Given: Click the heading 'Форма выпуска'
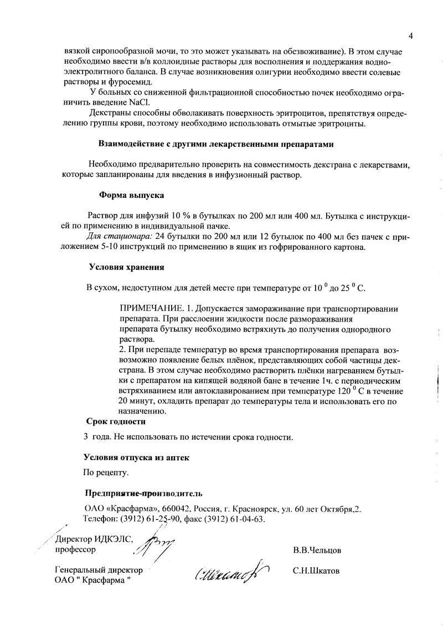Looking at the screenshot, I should (x=131, y=195).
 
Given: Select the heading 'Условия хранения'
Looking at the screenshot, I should (x=127, y=267).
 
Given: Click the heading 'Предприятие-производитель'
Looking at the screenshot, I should (x=144, y=493).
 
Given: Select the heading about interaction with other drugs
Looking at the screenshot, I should (x=216, y=144).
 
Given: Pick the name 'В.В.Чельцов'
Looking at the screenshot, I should (x=317, y=551).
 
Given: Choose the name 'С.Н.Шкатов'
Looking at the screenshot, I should (x=317, y=570).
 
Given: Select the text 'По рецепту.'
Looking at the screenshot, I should (x=106, y=473).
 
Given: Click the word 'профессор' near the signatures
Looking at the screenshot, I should (x=75, y=550).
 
